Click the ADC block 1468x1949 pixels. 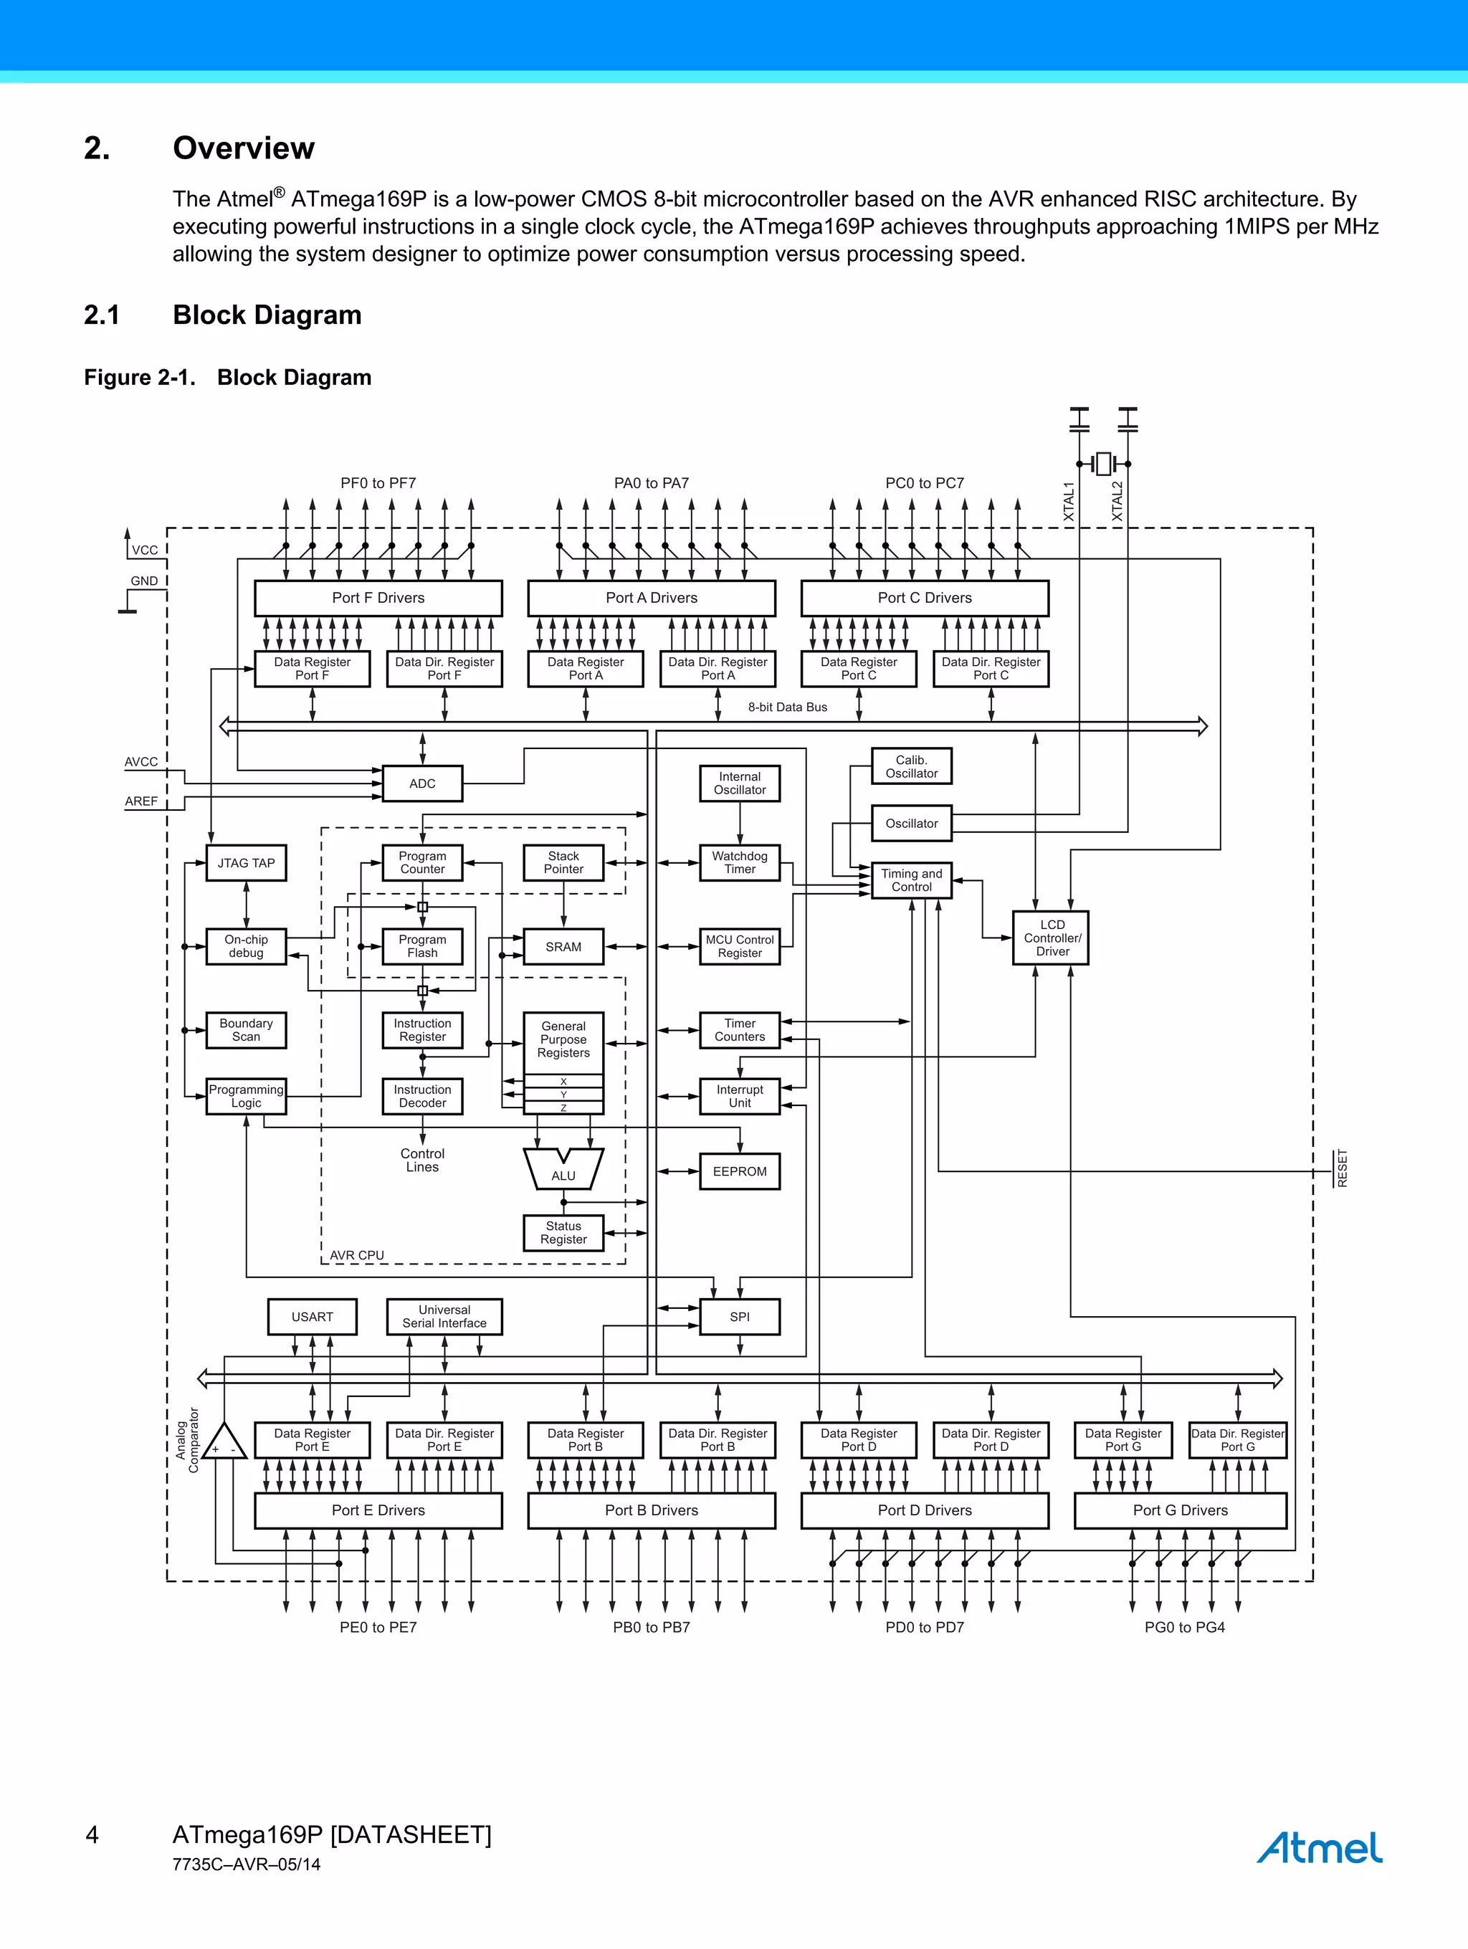pos(422,783)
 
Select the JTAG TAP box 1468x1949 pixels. pos(246,862)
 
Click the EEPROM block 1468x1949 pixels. pos(739,1171)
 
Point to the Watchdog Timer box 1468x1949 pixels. pos(739,862)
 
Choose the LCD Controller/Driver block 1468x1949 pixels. pos(1052,938)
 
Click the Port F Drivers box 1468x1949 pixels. pos(378,597)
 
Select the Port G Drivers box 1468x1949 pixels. pos(1180,1510)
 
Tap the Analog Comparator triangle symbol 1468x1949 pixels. pos(224,1442)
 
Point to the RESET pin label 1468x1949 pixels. pos(1342,1168)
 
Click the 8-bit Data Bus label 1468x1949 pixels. pos(787,707)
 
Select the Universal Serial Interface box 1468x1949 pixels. pos(444,1316)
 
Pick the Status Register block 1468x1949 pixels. pos(563,1233)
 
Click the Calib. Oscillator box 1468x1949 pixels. pos(911,766)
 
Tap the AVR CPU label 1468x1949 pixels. pos(357,1254)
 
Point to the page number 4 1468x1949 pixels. pos(92,1835)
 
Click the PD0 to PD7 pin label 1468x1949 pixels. pos(925,1627)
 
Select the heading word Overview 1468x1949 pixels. pos(243,148)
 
